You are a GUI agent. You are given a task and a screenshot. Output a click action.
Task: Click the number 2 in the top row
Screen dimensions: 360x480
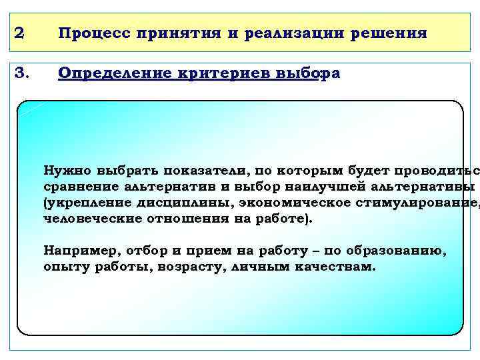20,33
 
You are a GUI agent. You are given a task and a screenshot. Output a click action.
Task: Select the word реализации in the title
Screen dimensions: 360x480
281,33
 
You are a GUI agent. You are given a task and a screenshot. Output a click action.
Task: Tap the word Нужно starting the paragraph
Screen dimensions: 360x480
67,169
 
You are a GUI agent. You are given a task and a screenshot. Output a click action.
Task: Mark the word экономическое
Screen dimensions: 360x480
291,202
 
